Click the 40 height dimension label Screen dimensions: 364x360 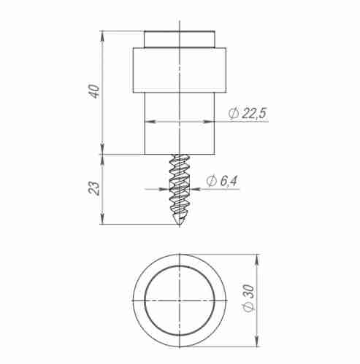(93, 93)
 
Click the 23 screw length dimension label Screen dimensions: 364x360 (93, 188)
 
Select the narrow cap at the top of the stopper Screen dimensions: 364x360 (180, 38)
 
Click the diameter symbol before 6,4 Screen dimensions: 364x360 (210, 181)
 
